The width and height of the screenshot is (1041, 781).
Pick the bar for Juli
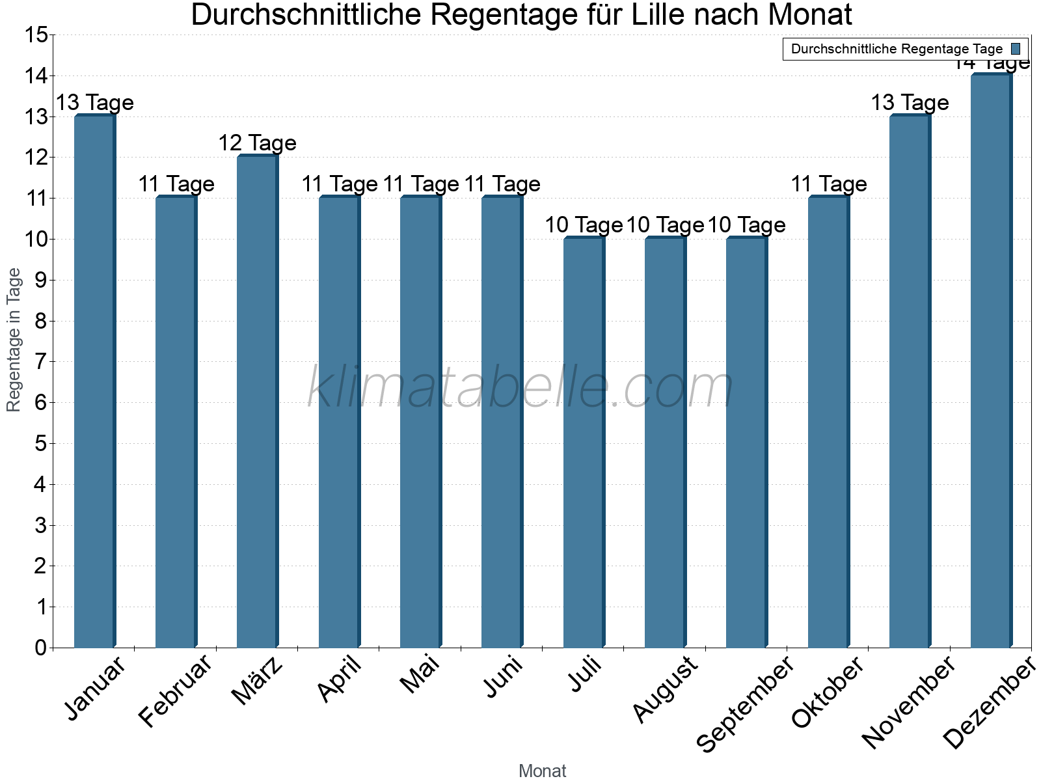(x=584, y=442)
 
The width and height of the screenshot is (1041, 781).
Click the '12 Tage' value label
(x=258, y=143)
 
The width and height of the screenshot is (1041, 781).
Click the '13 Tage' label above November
(x=910, y=102)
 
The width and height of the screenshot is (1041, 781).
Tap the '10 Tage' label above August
(x=665, y=225)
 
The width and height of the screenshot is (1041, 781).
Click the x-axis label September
(x=746, y=703)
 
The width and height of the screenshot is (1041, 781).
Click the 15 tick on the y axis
(x=36, y=35)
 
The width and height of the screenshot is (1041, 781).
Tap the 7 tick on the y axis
(x=41, y=362)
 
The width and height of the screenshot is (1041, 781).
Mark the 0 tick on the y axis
(x=41, y=648)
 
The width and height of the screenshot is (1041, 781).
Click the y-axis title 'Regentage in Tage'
(x=14, y=340)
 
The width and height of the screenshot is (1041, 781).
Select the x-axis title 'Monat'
(x=542, y=771)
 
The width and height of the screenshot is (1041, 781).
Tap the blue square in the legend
(x=1016, y=49)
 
